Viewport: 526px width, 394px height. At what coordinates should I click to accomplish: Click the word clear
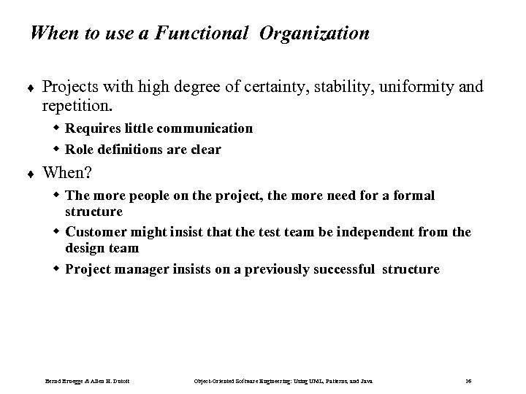click(205, 150)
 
